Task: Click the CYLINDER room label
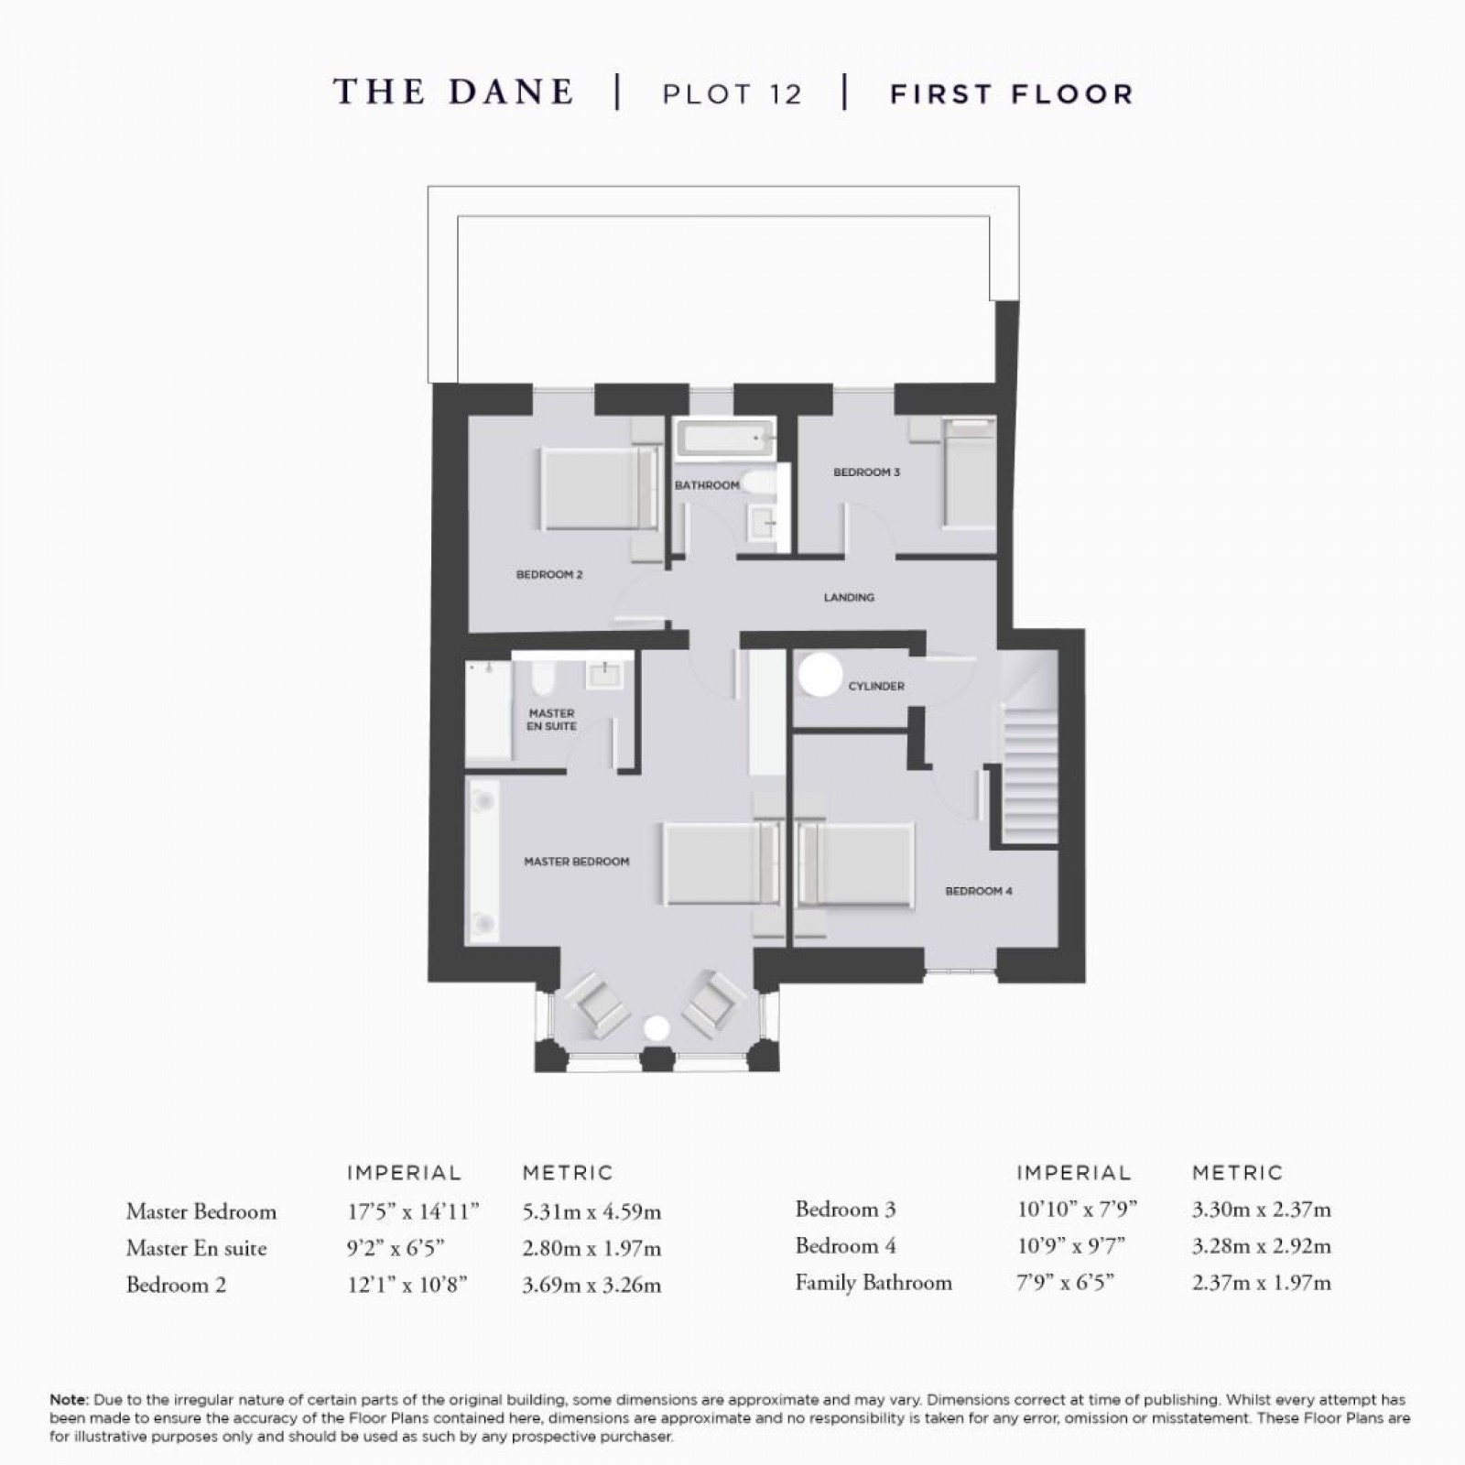point(876,686)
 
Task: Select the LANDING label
point(849,597)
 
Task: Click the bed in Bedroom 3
point(970,473)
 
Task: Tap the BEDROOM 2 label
point(549,575)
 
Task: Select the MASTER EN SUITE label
point(551,720)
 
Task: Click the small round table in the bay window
point(656,1028)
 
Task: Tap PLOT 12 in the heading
point(732,94)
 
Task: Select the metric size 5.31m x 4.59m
point(591,1212)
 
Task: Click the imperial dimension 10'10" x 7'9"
point(1077,1210)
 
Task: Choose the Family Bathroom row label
point(873,1283)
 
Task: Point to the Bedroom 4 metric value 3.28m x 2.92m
point(1261,1246)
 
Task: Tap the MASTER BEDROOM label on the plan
point(576,862)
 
